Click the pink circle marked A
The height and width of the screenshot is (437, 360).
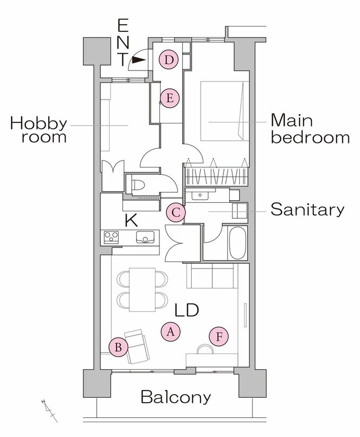[170, 332]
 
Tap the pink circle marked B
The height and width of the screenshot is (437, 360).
[119, 347]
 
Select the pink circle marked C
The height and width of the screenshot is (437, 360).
[176, 212]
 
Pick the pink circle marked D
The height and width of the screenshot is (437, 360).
[168, 60]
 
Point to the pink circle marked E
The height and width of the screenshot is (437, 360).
[170, 98]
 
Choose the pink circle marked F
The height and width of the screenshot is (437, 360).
[219, 337]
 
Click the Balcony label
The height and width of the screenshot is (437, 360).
[176, 397]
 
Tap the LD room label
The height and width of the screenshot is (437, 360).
[187, 310]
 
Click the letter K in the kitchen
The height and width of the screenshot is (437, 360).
[131, 220]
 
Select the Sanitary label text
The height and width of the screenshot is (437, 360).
[308, 210]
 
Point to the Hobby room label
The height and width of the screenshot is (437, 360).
[39, 130]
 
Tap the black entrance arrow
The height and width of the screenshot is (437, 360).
[139, 60]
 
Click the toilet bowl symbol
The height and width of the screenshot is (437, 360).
[138, 184]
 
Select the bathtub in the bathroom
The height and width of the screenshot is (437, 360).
[237, 243]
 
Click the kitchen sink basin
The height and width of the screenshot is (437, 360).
[145, 237]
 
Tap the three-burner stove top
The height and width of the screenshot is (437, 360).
[111, 238]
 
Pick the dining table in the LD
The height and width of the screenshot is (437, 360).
[142, 290]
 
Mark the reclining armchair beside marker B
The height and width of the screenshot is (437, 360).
[137, 346]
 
